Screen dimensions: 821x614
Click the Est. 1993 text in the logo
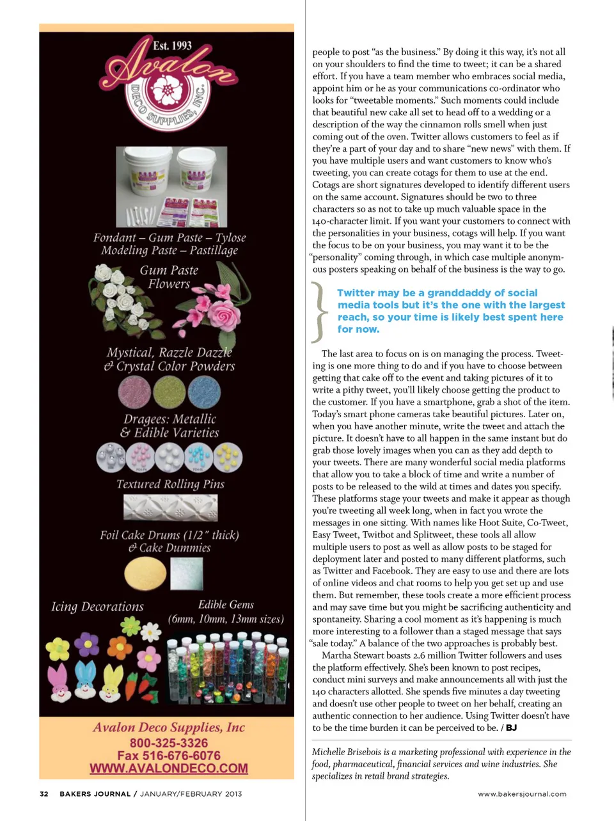(172, 45)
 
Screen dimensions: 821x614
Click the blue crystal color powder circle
(204, 392)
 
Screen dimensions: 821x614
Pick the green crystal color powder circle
(169, 392)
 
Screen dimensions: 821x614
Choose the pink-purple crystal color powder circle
(134, 392)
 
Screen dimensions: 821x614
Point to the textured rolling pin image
(170, 508)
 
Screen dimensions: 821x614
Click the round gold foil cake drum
(145, 573)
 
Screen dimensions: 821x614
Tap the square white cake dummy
(187, 573)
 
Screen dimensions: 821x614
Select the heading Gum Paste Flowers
(169, 277)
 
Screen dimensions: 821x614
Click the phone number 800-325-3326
(169, 743)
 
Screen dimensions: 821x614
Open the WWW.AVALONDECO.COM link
(169, 769)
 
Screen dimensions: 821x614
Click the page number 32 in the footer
(44, 794)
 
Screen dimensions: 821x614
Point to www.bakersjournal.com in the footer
(522, 794)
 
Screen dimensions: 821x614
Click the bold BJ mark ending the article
(511, 728)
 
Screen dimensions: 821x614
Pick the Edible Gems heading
(226, 605)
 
